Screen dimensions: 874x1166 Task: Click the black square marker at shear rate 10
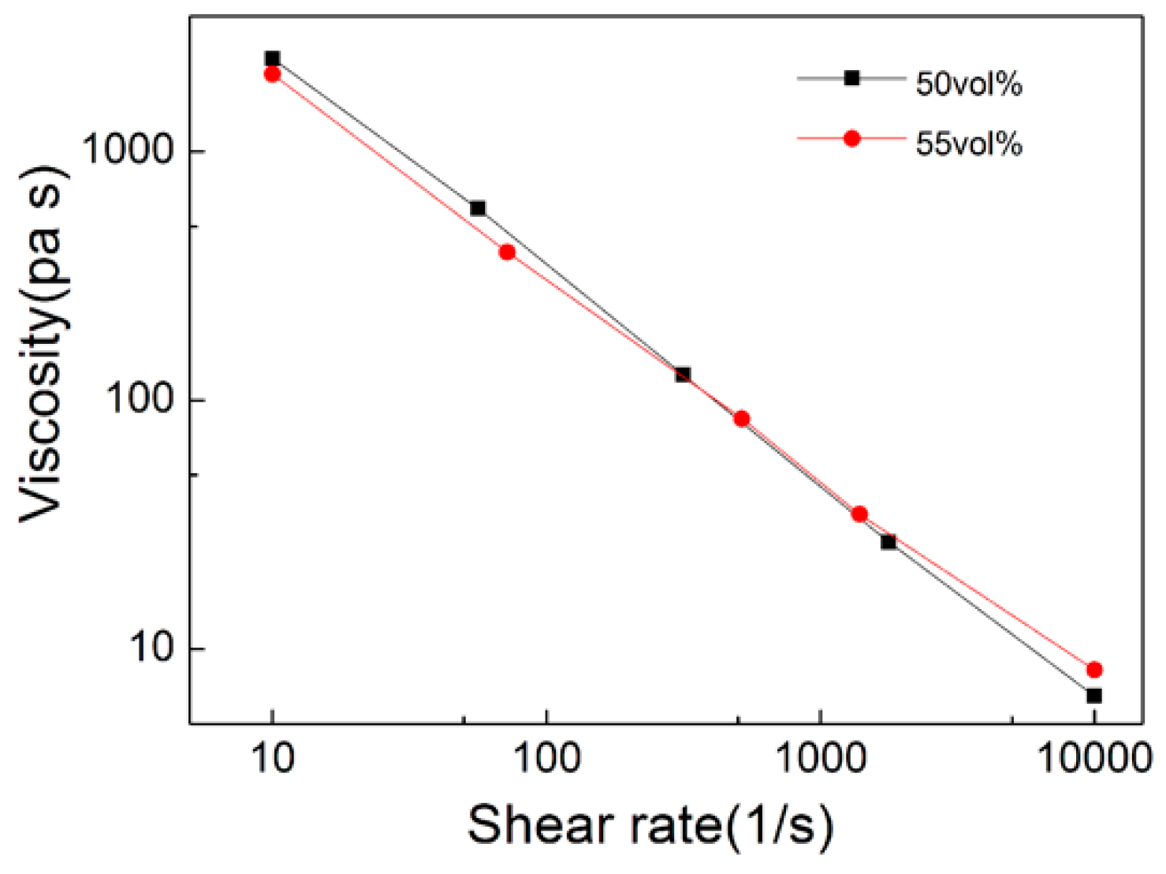tap(272, 58)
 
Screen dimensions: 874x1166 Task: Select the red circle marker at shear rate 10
tap(272, 74)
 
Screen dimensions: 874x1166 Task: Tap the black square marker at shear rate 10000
tap(1093, 696)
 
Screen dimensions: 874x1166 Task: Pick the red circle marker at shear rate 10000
tap(1093, 670)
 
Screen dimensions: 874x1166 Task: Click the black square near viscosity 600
tap(478, 208)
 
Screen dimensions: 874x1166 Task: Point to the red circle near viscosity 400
tap(507, 252)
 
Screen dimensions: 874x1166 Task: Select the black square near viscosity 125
tap(683, 375)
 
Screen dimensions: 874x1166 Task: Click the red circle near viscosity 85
tap(741, 419)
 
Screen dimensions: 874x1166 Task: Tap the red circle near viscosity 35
tap(859, 514)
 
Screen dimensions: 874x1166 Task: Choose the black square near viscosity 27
tap(888, 542)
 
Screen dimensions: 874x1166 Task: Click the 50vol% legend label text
tap(969, 84)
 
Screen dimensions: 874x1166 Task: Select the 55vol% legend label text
tap(969, 144)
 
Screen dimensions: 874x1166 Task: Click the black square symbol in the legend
tap(851, 78)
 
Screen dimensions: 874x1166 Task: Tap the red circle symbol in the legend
tap(851, 139)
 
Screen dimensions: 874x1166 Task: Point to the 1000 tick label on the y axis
tap(128, 149)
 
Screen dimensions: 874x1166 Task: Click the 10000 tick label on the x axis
tap(1094, 759)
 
